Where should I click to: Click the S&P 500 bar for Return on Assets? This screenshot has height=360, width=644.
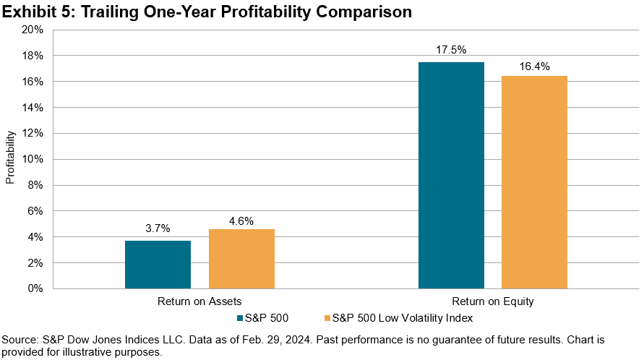(x=158, y=265)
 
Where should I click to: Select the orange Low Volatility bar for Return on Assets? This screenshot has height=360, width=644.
(x=241, y=259)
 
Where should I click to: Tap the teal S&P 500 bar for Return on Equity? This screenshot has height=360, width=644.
(x=451, y=175)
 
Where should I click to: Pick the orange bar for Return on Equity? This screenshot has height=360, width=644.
(x=534, y=182)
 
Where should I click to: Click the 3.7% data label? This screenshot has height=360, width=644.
(x=158, y=228)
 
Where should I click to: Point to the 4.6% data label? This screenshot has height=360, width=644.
(x=241, y=221)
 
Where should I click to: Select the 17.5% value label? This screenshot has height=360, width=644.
(x=451, y=50)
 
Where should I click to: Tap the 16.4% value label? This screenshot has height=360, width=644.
(x=534, y=67)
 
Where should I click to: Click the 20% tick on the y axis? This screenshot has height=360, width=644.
(x=33, y=30)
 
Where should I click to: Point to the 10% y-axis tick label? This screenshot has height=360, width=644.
(x=33, y=159)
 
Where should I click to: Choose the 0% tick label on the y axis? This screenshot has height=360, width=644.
(x=36, y=288)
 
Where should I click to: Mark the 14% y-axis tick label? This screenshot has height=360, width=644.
(x=33, y=108)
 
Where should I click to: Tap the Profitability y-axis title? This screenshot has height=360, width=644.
(x=10, y=158)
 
